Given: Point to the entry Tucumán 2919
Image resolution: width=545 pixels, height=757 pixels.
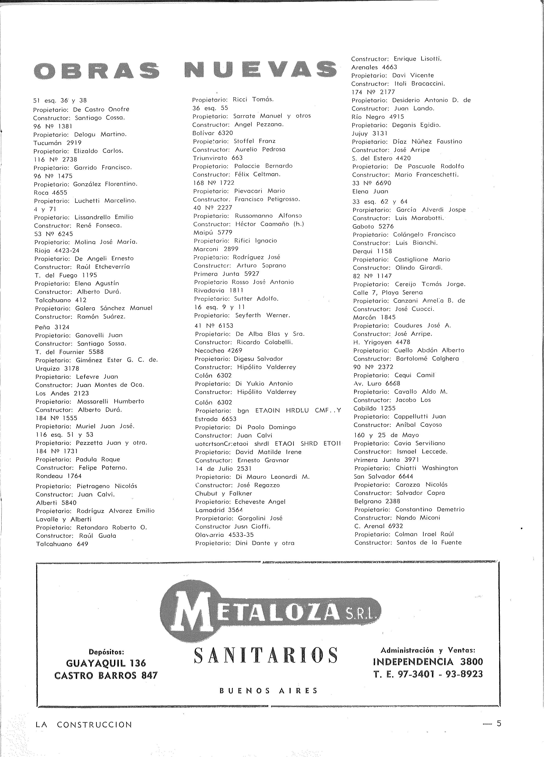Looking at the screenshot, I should tap(57, 142).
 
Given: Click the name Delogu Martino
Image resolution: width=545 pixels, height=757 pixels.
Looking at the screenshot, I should tap(100, 134).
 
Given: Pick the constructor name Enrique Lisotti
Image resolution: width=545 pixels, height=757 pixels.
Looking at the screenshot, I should tap(415, 59).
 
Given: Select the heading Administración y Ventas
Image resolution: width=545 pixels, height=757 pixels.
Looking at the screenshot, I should tap(428, 650).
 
